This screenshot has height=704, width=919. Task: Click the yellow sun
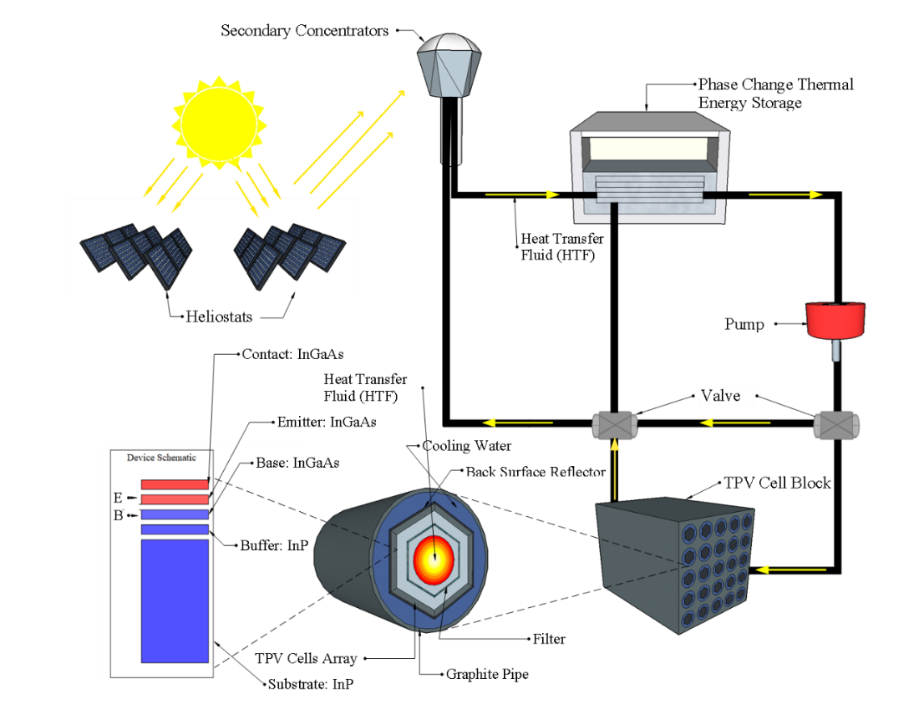219,122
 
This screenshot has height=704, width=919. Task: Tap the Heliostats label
220,317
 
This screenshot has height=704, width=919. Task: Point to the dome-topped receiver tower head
449,63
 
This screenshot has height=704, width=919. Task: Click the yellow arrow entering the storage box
521,195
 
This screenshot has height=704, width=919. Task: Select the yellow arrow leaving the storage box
784,195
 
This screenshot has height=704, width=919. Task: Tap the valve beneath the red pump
836,425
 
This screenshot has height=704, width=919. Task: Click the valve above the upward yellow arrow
615,425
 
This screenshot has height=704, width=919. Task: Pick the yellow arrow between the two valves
735,423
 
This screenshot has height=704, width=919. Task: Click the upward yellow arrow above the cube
615,470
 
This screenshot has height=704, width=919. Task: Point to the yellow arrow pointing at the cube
790,570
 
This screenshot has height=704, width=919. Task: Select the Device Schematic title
161,458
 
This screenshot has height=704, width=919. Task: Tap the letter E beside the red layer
118,499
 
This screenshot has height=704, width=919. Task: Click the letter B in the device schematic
118,515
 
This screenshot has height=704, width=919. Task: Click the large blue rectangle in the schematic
175,601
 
